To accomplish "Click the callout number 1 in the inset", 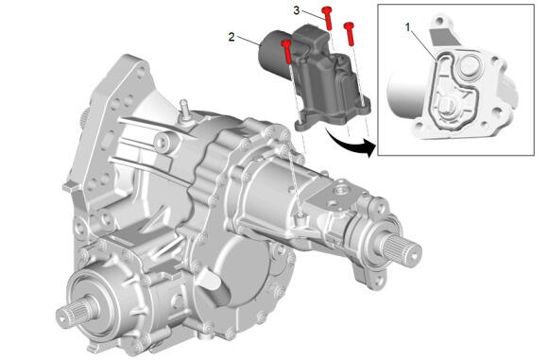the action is tap(408, 27).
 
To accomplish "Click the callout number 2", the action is tap(231, 37).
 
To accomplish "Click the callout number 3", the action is tap(297, 10).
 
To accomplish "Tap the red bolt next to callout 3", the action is tap(328, 18).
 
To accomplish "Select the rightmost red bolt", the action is tap(350, 34).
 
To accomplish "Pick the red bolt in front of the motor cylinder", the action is tap(287, 51).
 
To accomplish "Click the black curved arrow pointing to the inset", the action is tap(350, 142).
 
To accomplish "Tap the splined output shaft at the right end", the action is tap(402, 249).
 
